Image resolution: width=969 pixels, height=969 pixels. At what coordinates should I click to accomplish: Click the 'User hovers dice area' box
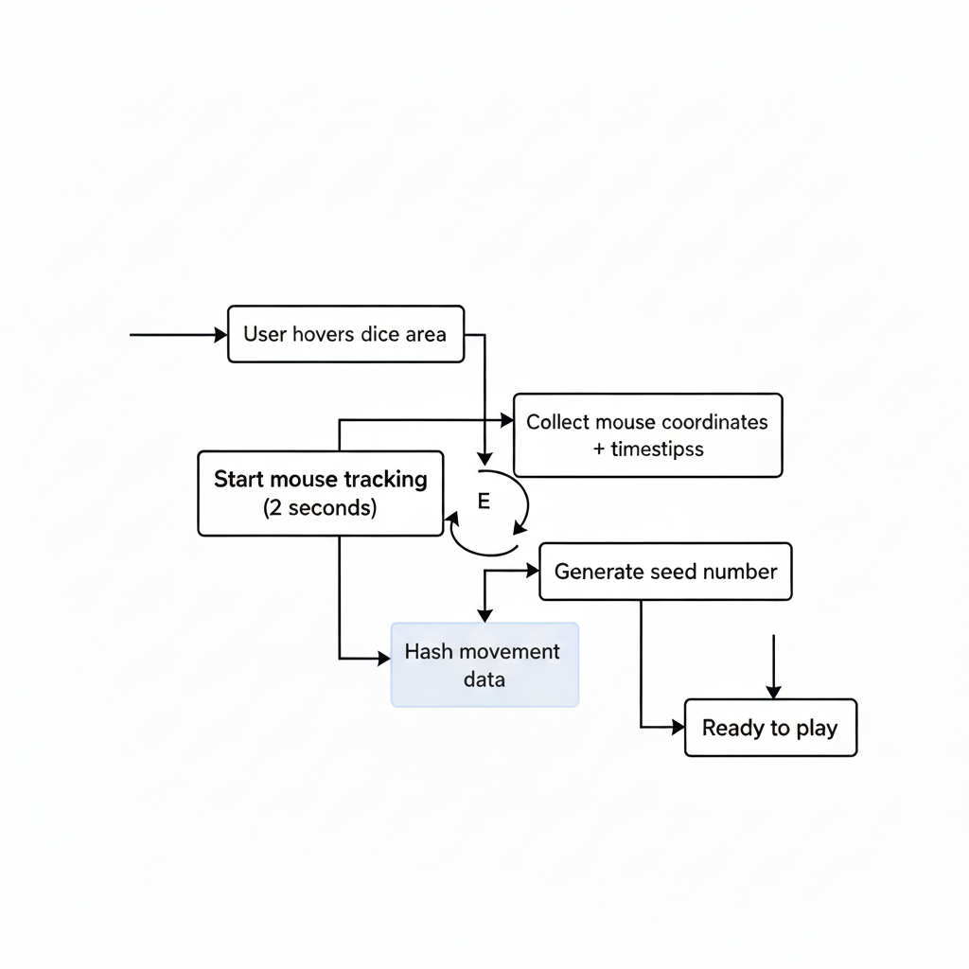346,334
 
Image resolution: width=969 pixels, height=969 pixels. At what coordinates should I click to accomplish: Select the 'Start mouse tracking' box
320,493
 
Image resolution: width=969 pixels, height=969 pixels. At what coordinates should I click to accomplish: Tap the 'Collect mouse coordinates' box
647,435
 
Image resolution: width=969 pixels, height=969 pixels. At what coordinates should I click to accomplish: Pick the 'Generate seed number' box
665,572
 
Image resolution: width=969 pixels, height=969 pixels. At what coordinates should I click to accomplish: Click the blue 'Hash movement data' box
484,665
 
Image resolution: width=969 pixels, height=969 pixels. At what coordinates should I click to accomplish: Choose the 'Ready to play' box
770,728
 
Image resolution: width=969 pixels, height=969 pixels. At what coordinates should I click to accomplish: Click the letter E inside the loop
484,502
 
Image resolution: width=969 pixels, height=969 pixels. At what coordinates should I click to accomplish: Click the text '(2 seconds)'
320,508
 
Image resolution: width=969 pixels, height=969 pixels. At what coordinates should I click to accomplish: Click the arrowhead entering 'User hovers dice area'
222,335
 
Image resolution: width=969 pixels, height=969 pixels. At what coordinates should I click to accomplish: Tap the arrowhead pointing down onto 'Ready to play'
773,693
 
